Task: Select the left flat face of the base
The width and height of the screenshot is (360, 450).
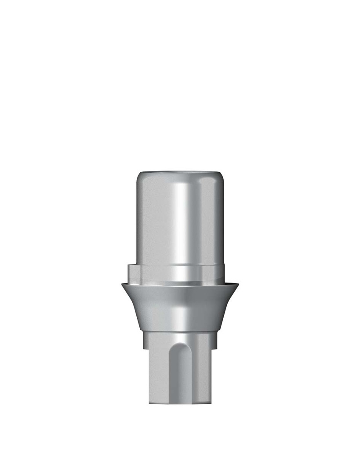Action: click(158, 374)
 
